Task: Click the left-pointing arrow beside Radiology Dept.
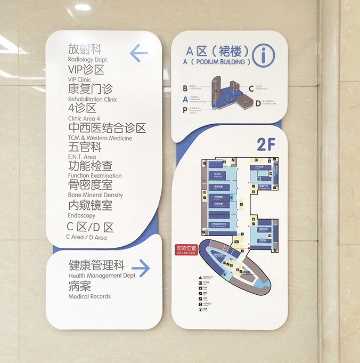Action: click(x=138, y=53)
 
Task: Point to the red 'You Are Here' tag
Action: click(x=186, y=249)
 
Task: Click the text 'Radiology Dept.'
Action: click(x=88, y=60)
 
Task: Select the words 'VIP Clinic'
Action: click(x=80, y=79)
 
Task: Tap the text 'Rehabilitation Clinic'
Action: click(x=93, y=99)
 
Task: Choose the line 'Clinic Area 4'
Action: click(x=84, y=118)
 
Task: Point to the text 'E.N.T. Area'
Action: click(x=81, y=157)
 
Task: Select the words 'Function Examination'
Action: click(x=95, y=176)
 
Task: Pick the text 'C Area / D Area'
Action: click(x=86, y=237)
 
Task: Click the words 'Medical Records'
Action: click(x=89, y=296)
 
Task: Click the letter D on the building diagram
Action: click(x=258, y=103)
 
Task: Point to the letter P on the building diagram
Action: click(x=185, y=110)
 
